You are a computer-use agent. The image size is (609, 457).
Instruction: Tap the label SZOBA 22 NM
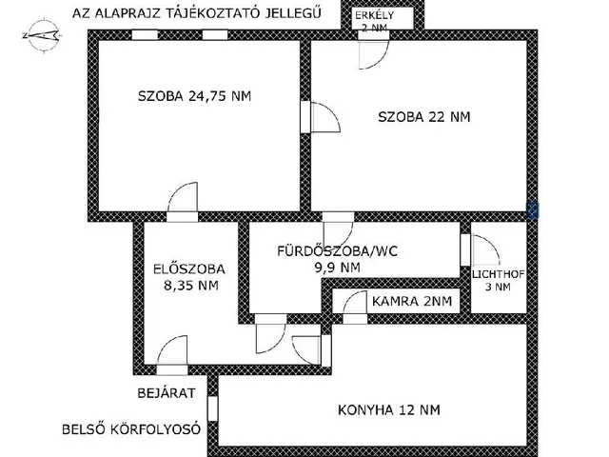tap(423, 117)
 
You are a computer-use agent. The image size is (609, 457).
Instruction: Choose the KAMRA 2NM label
tap(412, 302)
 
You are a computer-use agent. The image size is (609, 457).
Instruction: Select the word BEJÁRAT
tap(166, 391)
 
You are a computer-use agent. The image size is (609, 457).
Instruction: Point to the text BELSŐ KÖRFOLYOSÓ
tap(130, 428)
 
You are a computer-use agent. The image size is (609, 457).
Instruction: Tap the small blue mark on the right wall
tap(533, 210)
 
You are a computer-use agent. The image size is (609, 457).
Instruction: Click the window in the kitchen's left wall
tap(213, 409)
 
